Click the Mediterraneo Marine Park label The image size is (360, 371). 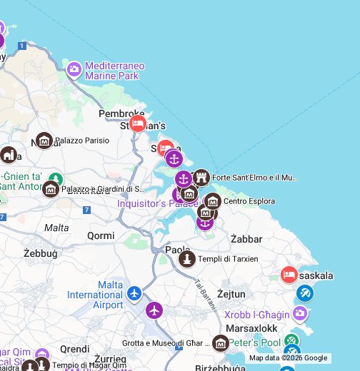tap(114, 71)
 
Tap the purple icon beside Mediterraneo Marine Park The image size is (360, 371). tap(74, 70)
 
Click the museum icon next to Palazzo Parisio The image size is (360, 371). tap(45, 141)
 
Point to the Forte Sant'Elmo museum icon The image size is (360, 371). tap(201, 178)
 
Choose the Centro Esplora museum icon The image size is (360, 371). tap(213, 202)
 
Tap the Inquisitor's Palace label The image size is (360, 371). tap(147, 204)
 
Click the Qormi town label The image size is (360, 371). tap(100, 235)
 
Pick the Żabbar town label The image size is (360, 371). tap(246, 239)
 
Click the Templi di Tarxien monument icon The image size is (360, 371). tap(187, 259)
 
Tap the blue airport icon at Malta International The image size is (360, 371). tap(135, 293)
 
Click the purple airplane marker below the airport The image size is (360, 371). tap(154, 310)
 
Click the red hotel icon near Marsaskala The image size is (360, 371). tap(289, 275)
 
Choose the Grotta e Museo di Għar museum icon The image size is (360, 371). tap(221, 344)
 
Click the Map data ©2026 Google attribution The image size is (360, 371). tap(288, 358)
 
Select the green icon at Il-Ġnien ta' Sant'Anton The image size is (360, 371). tap(56, 178)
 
